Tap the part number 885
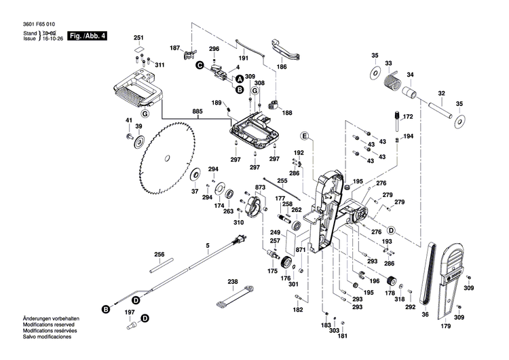pyautogui.click(x=197, y=111)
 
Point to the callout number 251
pyautogui.click(x=138, y=37)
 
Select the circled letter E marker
pyautogui.click(x=305, y=137)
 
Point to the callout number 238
pyautogui.click(x=232, y=281)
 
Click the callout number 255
pyautogui.click(x=282, y=181)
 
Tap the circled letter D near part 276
pyautogui.click(x=391, y=229)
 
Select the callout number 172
pyautogui.click(x=409, y=117)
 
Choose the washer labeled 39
pyautogui.click(x=140, y=141)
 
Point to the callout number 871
pyautogui.click(x=301, y=250)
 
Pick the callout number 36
pyautogui.click(x=426, y=314)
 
